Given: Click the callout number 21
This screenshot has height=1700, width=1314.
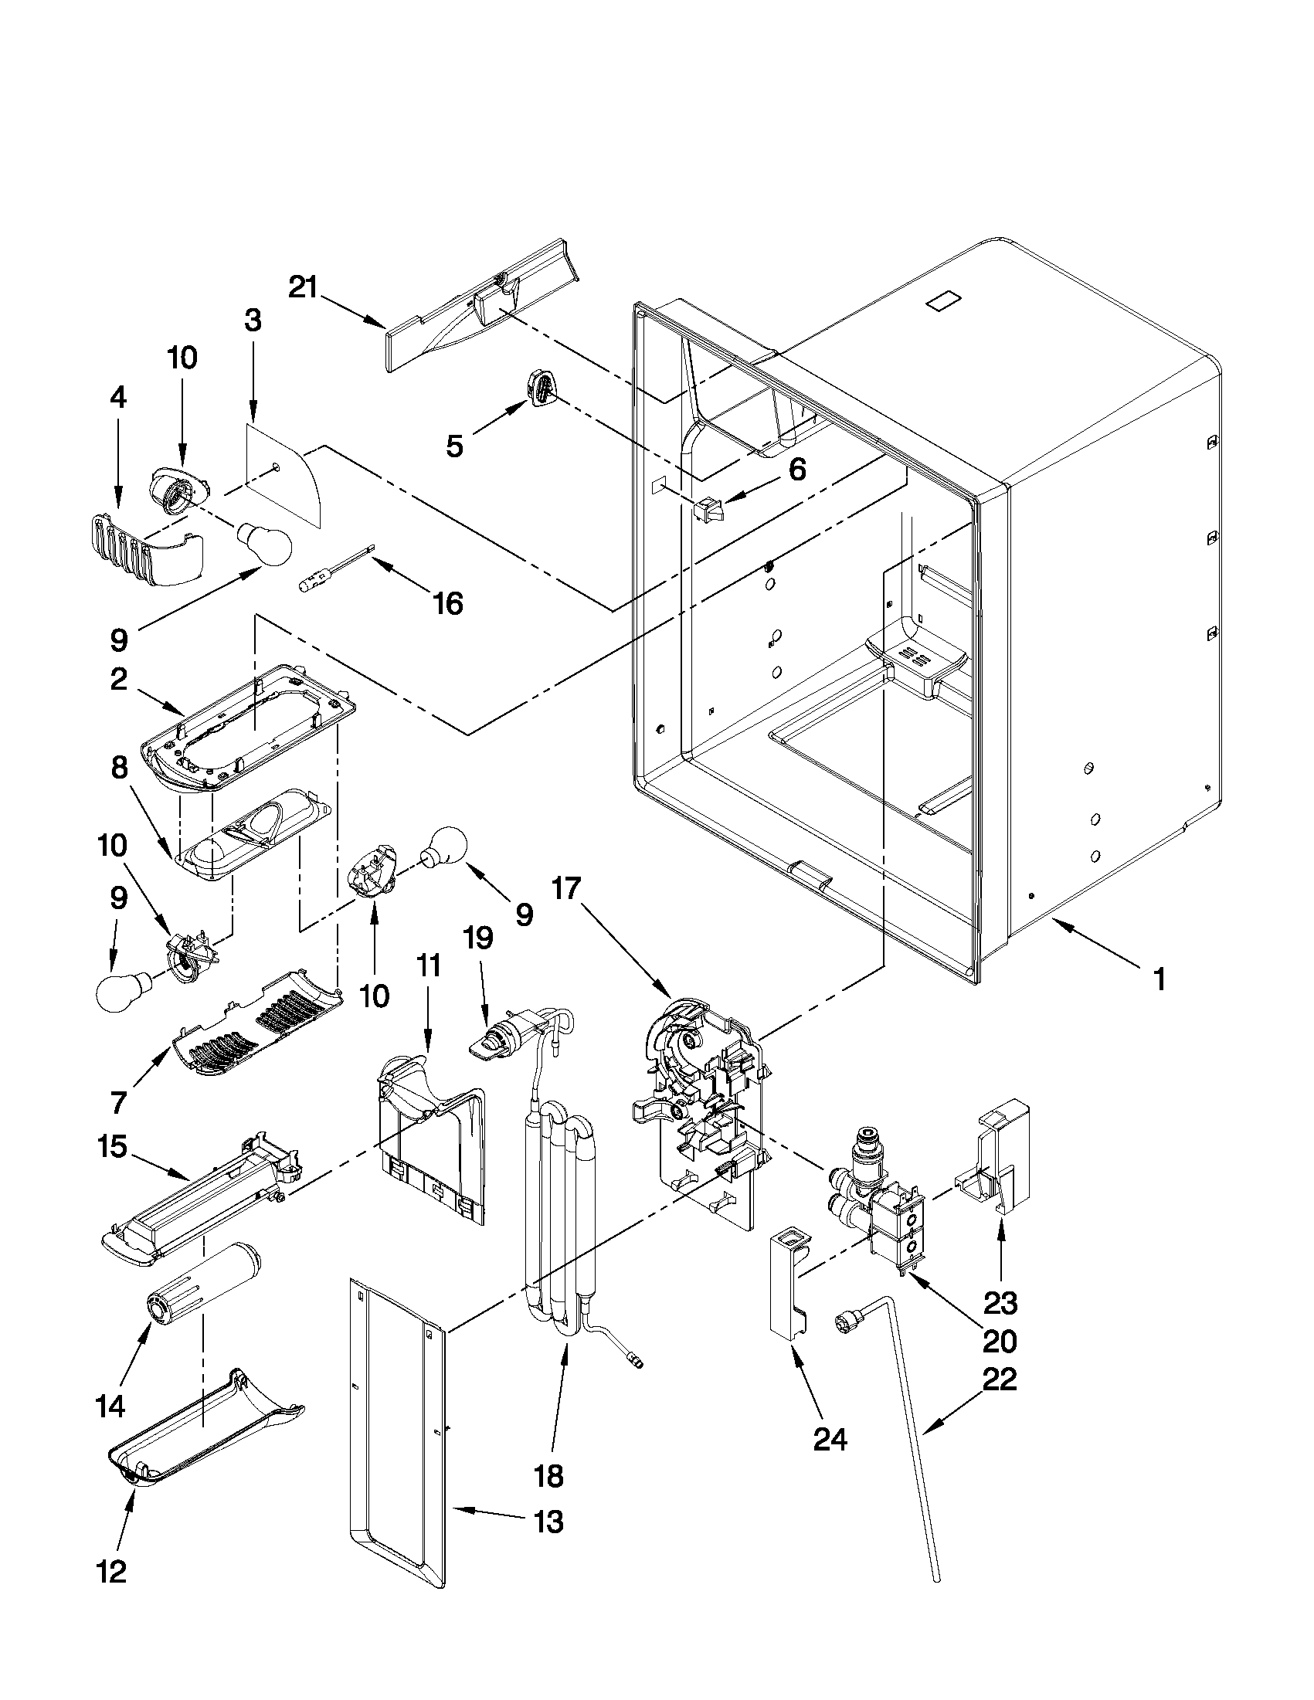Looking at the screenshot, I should (304, 288).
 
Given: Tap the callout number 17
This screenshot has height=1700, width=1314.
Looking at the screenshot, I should (567, 888).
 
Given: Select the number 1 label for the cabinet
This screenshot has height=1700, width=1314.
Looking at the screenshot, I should (1158, 979).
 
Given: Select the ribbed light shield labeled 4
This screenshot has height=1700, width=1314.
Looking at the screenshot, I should (143, 546).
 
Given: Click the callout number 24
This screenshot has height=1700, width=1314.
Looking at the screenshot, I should (830, 1440).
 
